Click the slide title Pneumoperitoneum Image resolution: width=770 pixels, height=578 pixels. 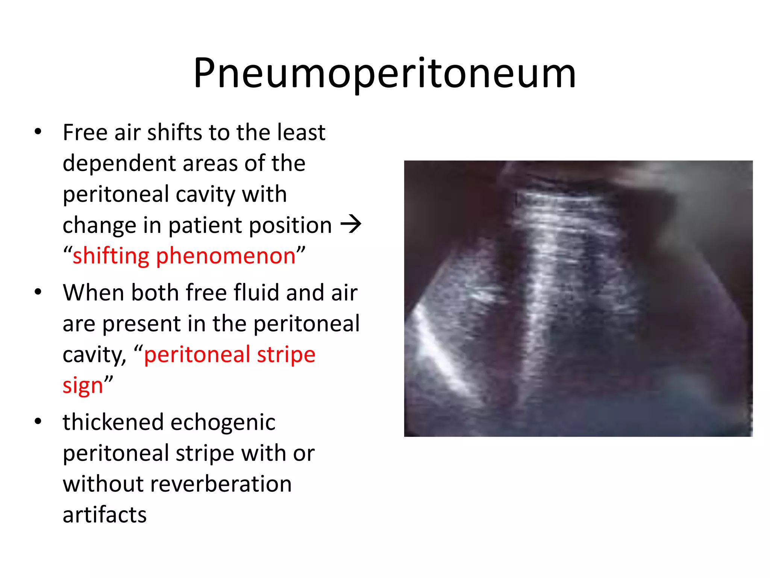(x=385, y=73)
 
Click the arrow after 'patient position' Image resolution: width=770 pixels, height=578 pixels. (x=350, y=225)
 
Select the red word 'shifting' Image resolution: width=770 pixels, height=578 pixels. (x=111, y=256)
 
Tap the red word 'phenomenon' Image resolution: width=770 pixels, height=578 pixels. (x=226, y=256)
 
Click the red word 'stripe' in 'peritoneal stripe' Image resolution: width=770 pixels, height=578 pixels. (x=286, y=355)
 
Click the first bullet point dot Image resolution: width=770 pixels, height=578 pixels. (x=38, y=132)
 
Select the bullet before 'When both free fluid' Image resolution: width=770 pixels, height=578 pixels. (x=38, y=292)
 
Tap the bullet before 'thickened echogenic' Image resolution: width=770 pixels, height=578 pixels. (x=38, y=421)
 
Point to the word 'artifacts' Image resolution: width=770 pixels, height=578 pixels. (x=105, y=515)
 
